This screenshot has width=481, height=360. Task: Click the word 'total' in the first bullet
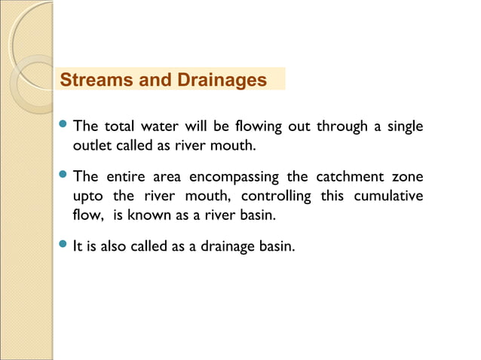(x=120, y=126)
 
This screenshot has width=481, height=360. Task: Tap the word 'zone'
(x=407, y=177)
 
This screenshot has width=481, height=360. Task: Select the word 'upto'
(x=88, y=197)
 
